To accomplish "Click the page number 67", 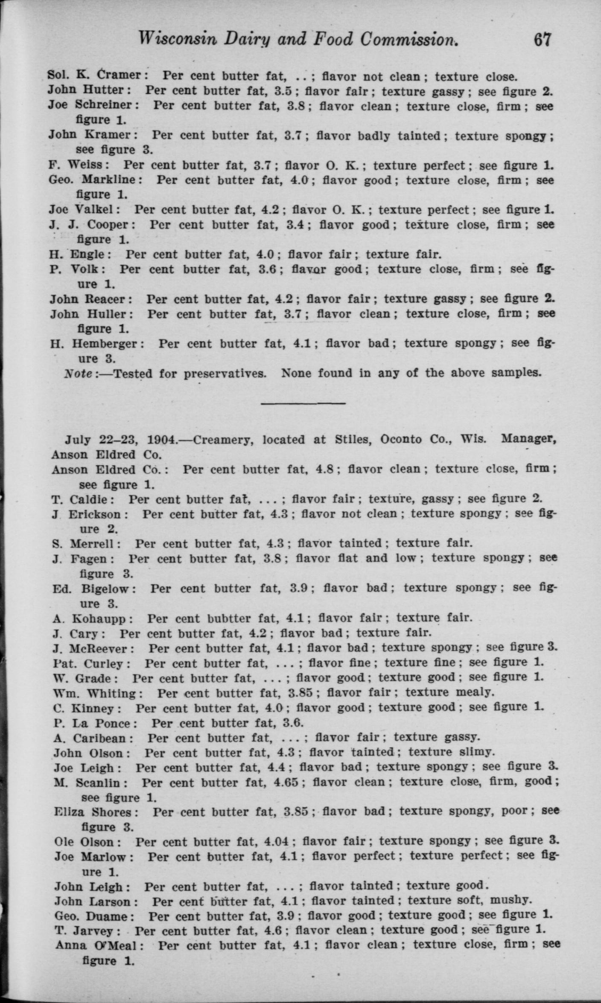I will pos(543,40).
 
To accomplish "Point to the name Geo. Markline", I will pos(95,180).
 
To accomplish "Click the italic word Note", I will pos(78,374).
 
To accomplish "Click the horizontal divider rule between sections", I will pos(303,403).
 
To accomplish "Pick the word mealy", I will pos(475,692).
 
